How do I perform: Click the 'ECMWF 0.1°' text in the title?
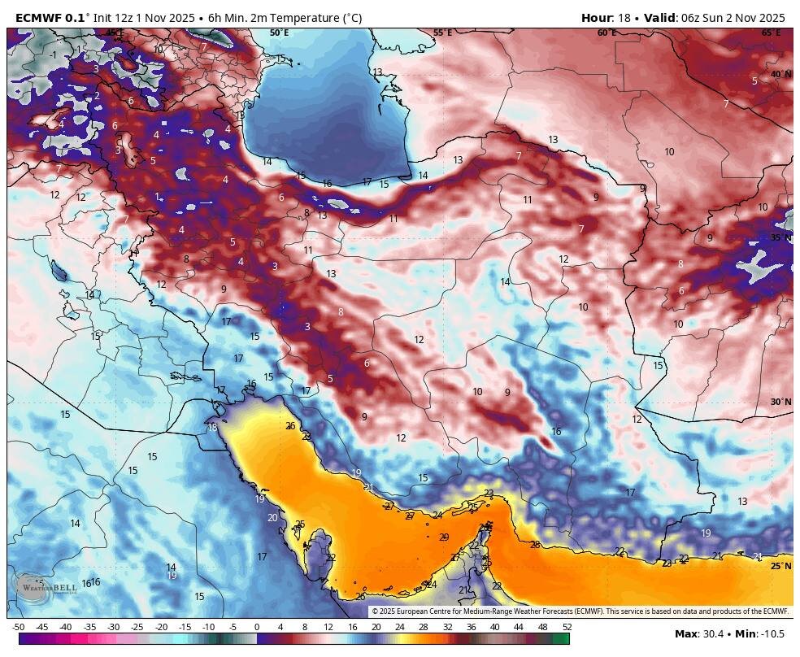[49, 18]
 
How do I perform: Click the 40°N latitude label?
[780, 74]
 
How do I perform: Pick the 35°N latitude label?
[780, 237]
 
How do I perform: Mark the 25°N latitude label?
[780, 566]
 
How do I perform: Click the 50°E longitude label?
[279, 33]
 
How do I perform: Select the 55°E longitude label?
[442, 33]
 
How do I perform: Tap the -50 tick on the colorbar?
[18, 627]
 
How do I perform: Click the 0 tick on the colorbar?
[257, 627]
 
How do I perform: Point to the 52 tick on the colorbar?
[567, 627]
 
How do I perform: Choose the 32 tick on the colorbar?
[447, 627]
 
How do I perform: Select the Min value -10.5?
[776, 634]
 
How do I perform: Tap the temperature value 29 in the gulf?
[444, 537]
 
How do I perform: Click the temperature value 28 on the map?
[535, 545]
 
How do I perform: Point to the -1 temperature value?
[54, 55]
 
